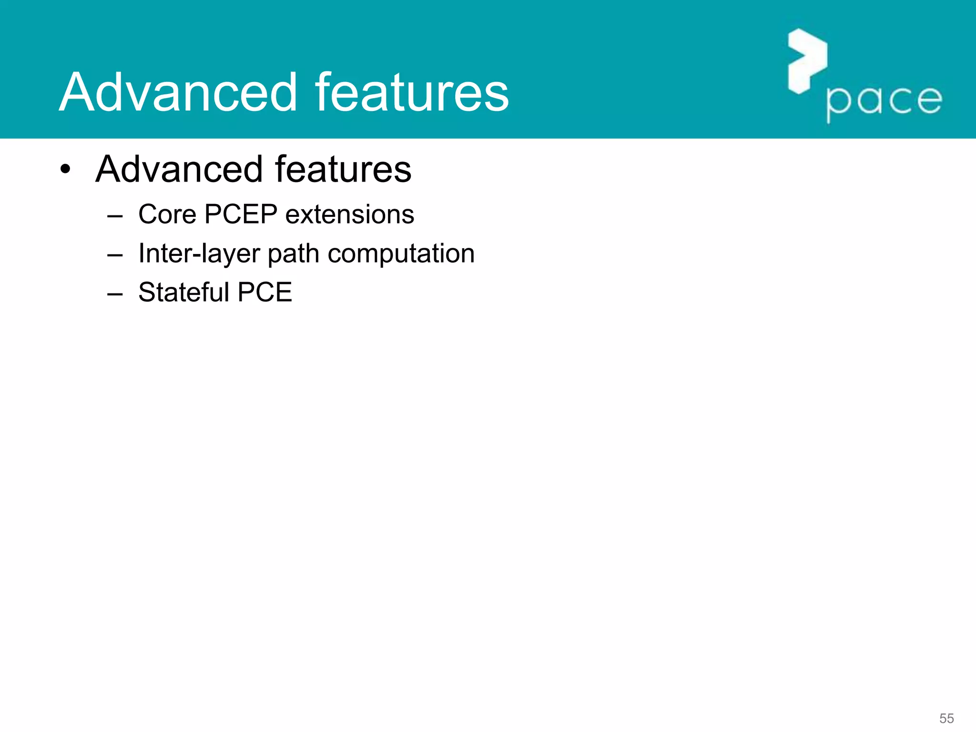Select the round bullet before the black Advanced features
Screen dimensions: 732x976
click(x=65, y=169)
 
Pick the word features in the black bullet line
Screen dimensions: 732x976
click(x=343, y=169)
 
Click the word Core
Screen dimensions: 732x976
click(x=167, y=214)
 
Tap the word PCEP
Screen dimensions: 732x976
click(x=241, y=214)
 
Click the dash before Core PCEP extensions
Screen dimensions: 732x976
click(x=115, y=216)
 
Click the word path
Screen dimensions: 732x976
click(x=293, y=254)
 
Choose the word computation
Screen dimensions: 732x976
click(x=401, y=254)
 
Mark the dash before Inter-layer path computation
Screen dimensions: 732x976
click(x=115, y=255)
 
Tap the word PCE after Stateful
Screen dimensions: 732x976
click(x=264, y=292)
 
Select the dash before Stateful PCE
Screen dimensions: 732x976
click(x=115, y=294)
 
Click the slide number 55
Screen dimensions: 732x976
click(x=946, y=718)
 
